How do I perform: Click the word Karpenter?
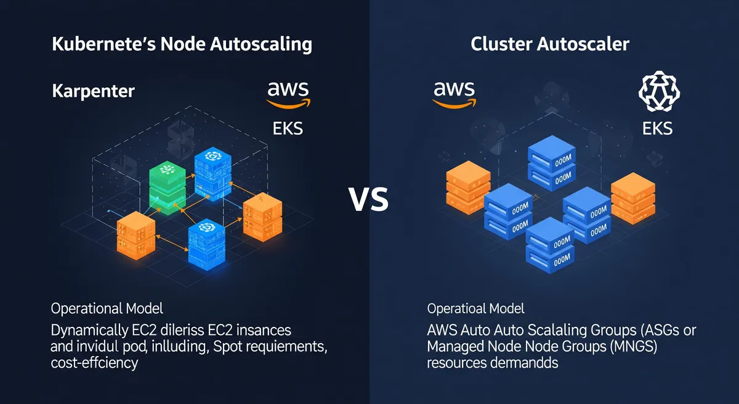click(93, 92)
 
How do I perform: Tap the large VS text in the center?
click(369, 200)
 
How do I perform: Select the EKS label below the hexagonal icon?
click(657, 129)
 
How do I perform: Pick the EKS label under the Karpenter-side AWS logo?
click(288, 129)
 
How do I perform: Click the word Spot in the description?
click(227, 347)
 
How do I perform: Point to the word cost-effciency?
click(94, 364)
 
